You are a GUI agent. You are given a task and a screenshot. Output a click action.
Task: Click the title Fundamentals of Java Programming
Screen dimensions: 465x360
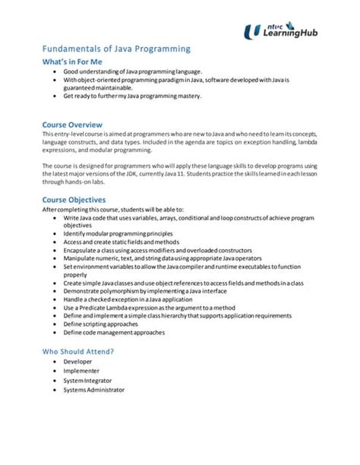point(115,49)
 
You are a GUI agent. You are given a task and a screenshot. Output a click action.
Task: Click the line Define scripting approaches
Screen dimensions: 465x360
point(103,323)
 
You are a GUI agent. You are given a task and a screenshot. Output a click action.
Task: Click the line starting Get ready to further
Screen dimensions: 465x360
point(133,96)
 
